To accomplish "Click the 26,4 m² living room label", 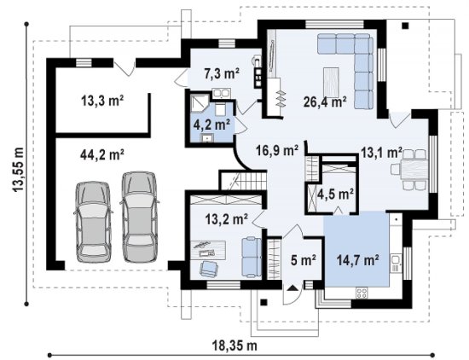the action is pos(325,102).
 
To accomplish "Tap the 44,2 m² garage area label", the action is pos(102,154).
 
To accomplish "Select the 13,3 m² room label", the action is pos(102,101).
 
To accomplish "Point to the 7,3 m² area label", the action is pos(222,73).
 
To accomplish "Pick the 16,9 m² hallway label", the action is pos(277,150).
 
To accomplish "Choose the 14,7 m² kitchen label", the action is pos(358,259).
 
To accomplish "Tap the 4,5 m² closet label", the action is pos(336,195).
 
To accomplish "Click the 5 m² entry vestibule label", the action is pos(304,259).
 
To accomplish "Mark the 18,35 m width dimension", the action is pos(234,346).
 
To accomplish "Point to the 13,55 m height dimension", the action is pos(19,169).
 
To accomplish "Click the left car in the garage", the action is pos(93,222).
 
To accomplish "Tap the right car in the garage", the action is pos(140,217).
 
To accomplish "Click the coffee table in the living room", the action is pos(331,81).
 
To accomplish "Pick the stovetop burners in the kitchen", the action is pos(362,293).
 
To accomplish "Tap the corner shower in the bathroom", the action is pos(198,102).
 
